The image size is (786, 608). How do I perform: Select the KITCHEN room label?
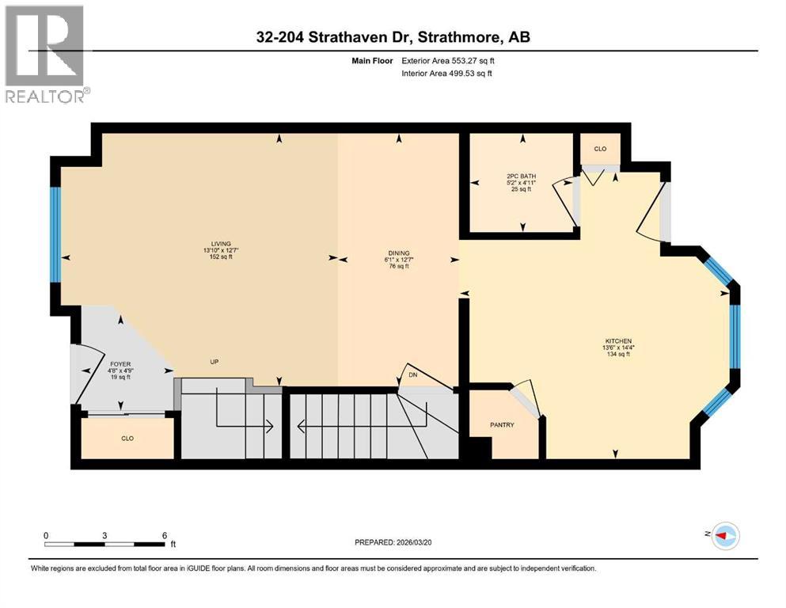coord(616,341)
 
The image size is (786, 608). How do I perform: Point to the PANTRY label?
coord(502,425)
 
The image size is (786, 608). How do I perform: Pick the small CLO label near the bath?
coord(600,149)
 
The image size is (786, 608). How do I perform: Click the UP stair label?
coord(214,362)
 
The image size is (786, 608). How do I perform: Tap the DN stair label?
coord(413,375)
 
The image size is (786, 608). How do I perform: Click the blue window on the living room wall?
coord(55,234)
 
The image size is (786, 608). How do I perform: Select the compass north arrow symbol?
coord(724,536)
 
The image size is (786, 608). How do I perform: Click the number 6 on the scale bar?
coord(164,535)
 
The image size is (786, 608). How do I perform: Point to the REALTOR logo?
coord(46,55)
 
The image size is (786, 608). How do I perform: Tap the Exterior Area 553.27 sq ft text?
coord(454,60)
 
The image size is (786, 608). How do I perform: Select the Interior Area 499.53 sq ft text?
coord(454,74)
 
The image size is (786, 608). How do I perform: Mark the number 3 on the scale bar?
coord(104,535)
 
